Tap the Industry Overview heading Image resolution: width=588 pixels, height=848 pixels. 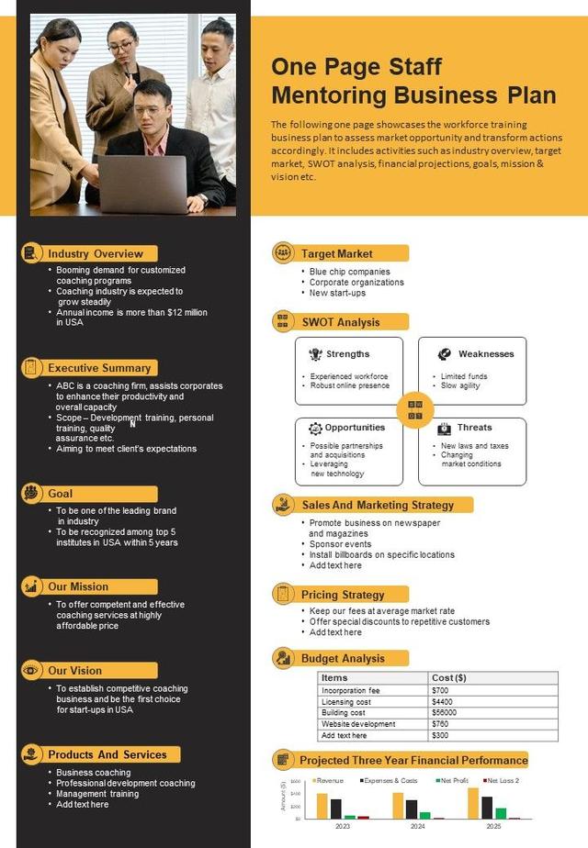[96, 253]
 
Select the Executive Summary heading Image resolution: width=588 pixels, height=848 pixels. [99, 368]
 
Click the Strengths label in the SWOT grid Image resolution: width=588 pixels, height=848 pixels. [347, 354]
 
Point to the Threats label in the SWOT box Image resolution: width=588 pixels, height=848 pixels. [474, 428]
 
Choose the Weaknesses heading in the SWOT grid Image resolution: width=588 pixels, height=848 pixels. [486, 354]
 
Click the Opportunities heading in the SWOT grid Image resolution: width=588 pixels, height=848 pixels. [355, 428]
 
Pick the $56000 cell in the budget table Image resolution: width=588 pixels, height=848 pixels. [445, 713]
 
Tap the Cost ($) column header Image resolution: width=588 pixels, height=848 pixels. [449, 678]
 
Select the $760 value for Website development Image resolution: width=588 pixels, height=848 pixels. [441, 724]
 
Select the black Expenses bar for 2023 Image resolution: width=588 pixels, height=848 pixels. [336, 809]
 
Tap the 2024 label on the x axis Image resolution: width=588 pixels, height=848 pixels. [417, 826]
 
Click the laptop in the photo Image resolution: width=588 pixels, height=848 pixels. [142, 184]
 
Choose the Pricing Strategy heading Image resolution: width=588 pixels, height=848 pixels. [343, 595]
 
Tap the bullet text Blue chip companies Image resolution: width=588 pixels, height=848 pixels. [350, 272]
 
